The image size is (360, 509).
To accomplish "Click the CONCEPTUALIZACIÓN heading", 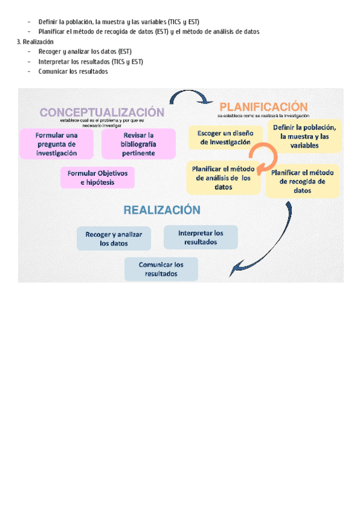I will pos(101,112).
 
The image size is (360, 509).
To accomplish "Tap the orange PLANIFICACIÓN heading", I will pos(263,106).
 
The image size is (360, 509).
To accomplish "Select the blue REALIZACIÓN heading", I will pos(161,210).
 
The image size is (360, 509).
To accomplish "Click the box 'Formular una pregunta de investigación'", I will pos(56,144).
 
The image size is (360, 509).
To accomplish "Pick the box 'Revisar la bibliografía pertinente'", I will pos(139,144).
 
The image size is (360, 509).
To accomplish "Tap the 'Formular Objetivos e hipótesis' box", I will pos(97,178).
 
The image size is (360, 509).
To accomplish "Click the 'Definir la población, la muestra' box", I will pos(304,137).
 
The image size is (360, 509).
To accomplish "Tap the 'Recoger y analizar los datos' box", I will pos(114,239).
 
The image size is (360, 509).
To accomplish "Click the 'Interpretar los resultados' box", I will pos(200,238).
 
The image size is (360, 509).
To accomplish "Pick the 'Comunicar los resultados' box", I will pos(161,269).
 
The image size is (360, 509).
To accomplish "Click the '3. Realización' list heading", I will pos(35,42).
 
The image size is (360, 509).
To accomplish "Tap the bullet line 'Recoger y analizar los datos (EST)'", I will pos(85,52).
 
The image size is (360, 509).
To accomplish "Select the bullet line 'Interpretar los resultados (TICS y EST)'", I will pos(91,62).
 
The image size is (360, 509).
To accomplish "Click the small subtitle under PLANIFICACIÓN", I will pos(263,115).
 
